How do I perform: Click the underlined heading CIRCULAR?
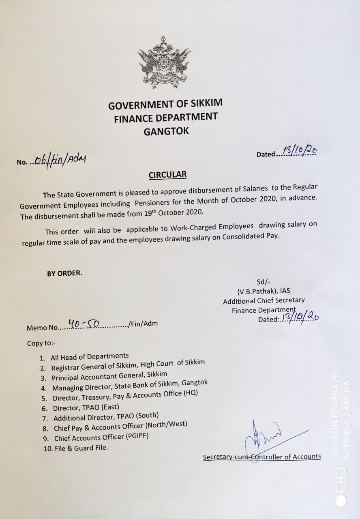167,175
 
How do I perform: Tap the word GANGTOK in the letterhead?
166,131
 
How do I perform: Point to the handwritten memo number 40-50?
84,324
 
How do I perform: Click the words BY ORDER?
64,273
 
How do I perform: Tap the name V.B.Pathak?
264,291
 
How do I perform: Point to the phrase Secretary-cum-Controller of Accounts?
262,457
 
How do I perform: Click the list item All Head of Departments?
90,357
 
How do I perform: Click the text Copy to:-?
41,343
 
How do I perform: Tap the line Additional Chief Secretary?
264,300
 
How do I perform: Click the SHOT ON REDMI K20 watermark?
335,416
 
